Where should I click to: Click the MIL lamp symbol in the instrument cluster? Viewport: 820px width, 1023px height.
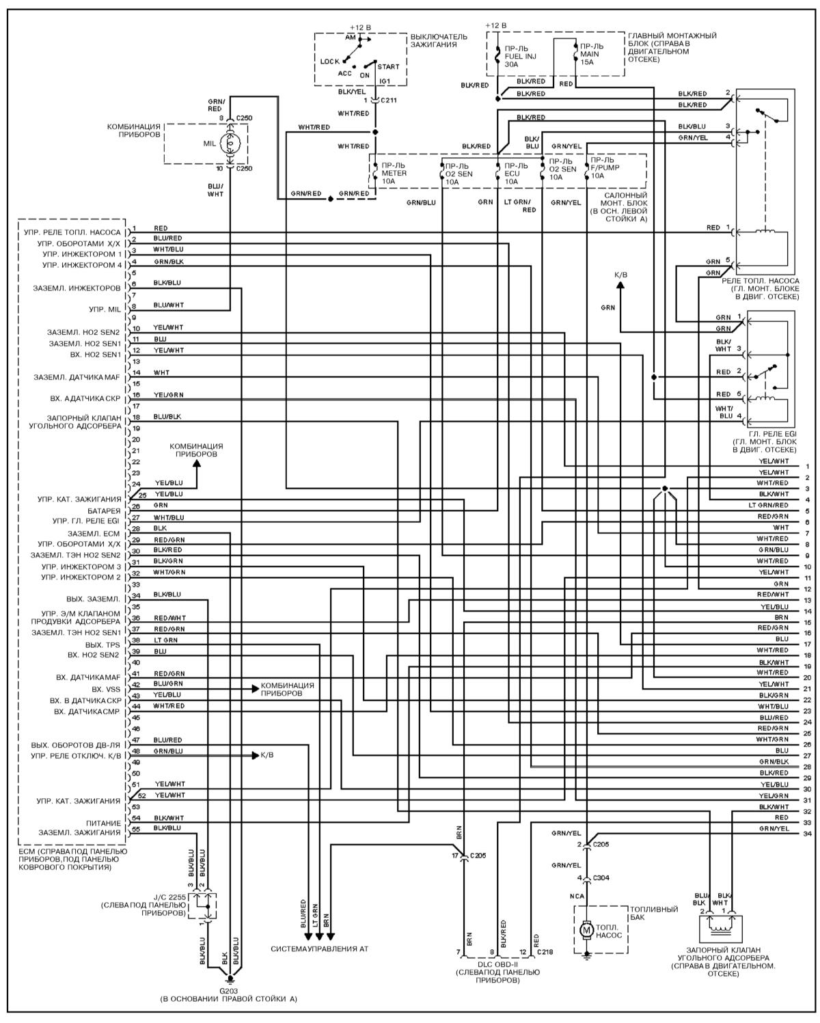coord(230,145)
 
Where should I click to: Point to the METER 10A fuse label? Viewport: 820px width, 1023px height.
coord(394,174)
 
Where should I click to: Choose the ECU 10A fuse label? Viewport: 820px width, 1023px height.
coord(515,174)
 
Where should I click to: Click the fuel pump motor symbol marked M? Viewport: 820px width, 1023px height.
coord(586,929)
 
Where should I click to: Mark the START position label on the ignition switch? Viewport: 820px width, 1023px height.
coord(388,67)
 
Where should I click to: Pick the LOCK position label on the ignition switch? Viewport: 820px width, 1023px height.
coord(329,62)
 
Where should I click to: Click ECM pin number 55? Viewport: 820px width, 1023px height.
coord(135,828)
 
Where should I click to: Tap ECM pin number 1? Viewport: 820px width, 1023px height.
coord(135,228)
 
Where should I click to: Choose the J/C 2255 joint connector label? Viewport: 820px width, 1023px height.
coord(167,896)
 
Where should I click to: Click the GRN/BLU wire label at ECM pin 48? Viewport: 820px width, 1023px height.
coord(168,751)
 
